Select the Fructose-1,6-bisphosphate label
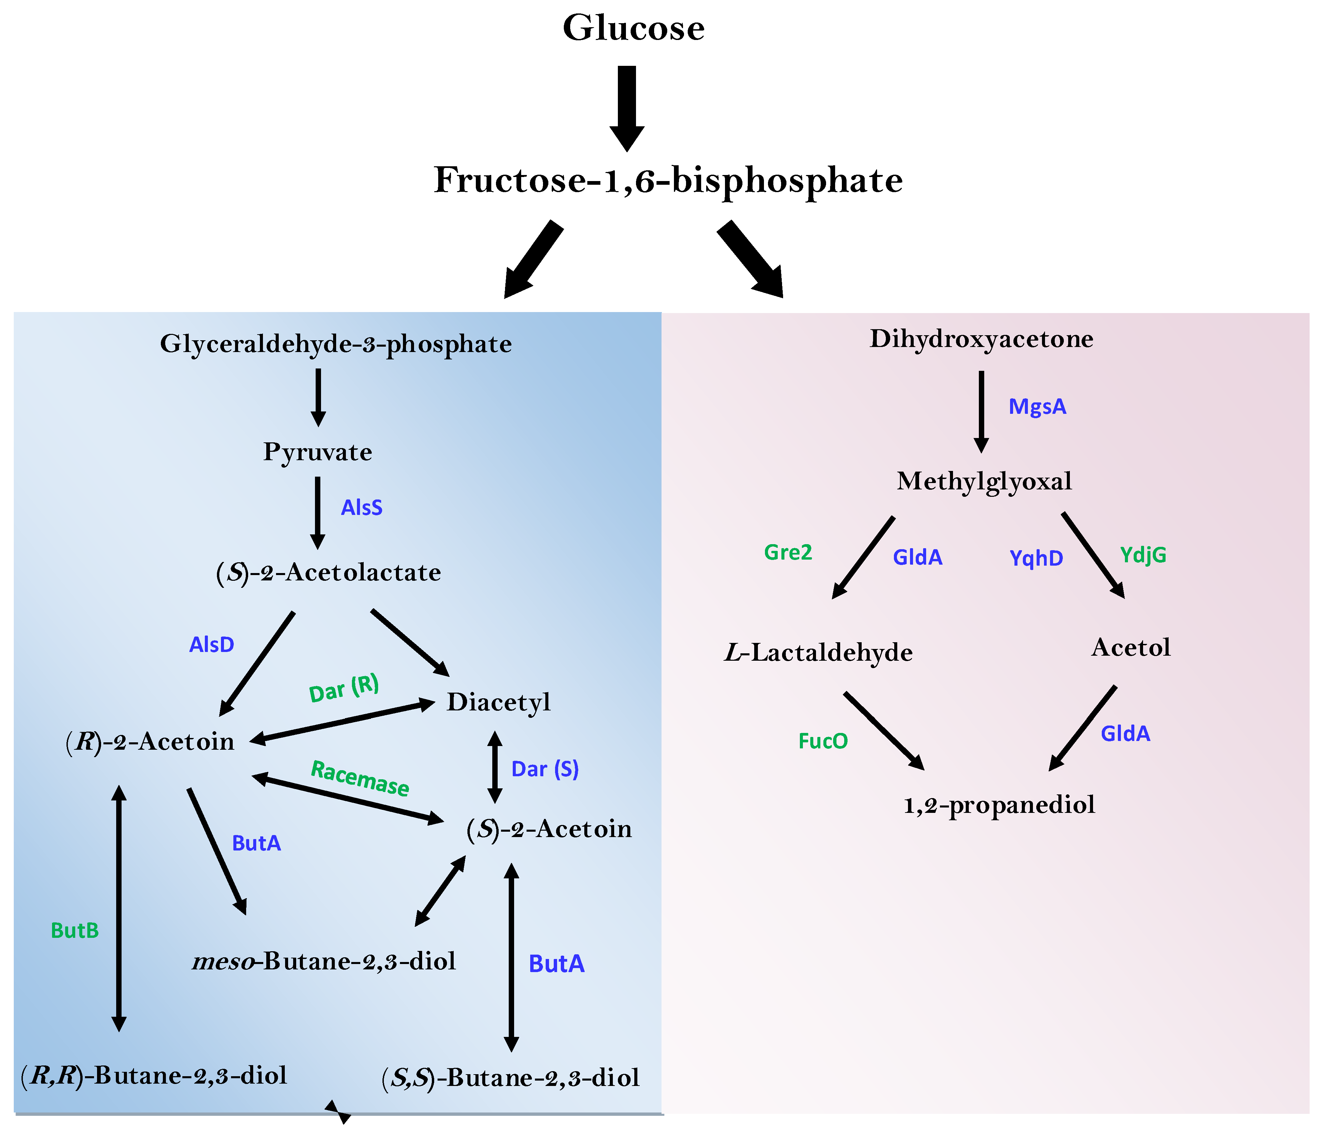[668, 180]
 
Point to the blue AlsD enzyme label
[212, 645]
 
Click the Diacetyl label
[498, 702]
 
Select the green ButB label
[75, 931]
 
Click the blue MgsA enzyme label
[1037, 407]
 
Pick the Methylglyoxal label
[984, 481]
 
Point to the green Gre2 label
[788, 553]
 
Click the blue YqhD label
[1036, 558]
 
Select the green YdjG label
[1143, 555]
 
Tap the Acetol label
[1131, 648]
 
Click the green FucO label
[823, 741]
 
